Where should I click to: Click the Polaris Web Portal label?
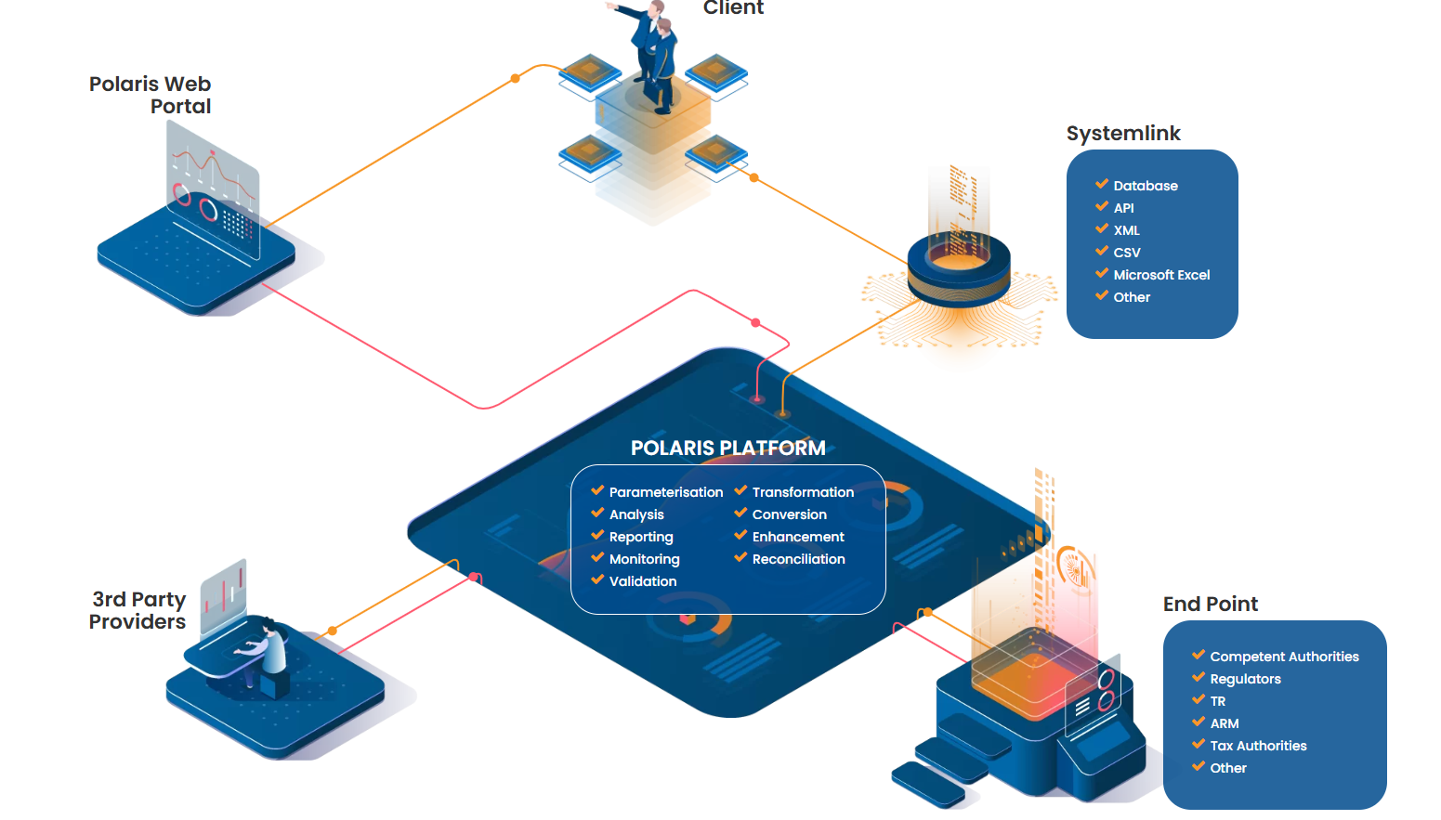click(x=151, y=95)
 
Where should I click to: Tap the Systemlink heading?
click(x=1123, y=134)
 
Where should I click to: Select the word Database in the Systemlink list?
click(x=1146, y=186)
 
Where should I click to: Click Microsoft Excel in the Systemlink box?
click(x=1161, y=275)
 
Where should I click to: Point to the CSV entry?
click(x=1127, y=253)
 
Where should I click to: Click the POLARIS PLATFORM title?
click(x=727, y=448)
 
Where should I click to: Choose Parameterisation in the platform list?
click(x=665, y=492)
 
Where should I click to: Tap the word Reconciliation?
click(x=798, y=559)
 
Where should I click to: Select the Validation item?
click(x=643, y=581)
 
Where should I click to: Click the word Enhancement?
click(x=798, y=537)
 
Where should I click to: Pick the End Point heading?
click(x=1211, y=605)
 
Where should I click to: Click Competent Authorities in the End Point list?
click(x=1284, y=657)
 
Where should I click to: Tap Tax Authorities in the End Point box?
click(x=1258, y=746)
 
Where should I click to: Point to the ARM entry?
click(x=1225, y=723)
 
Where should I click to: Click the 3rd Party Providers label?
click(x=138, y=610)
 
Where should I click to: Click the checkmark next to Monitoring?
click(x=597, y=557)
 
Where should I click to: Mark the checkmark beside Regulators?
click(x=1199, y=677)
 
